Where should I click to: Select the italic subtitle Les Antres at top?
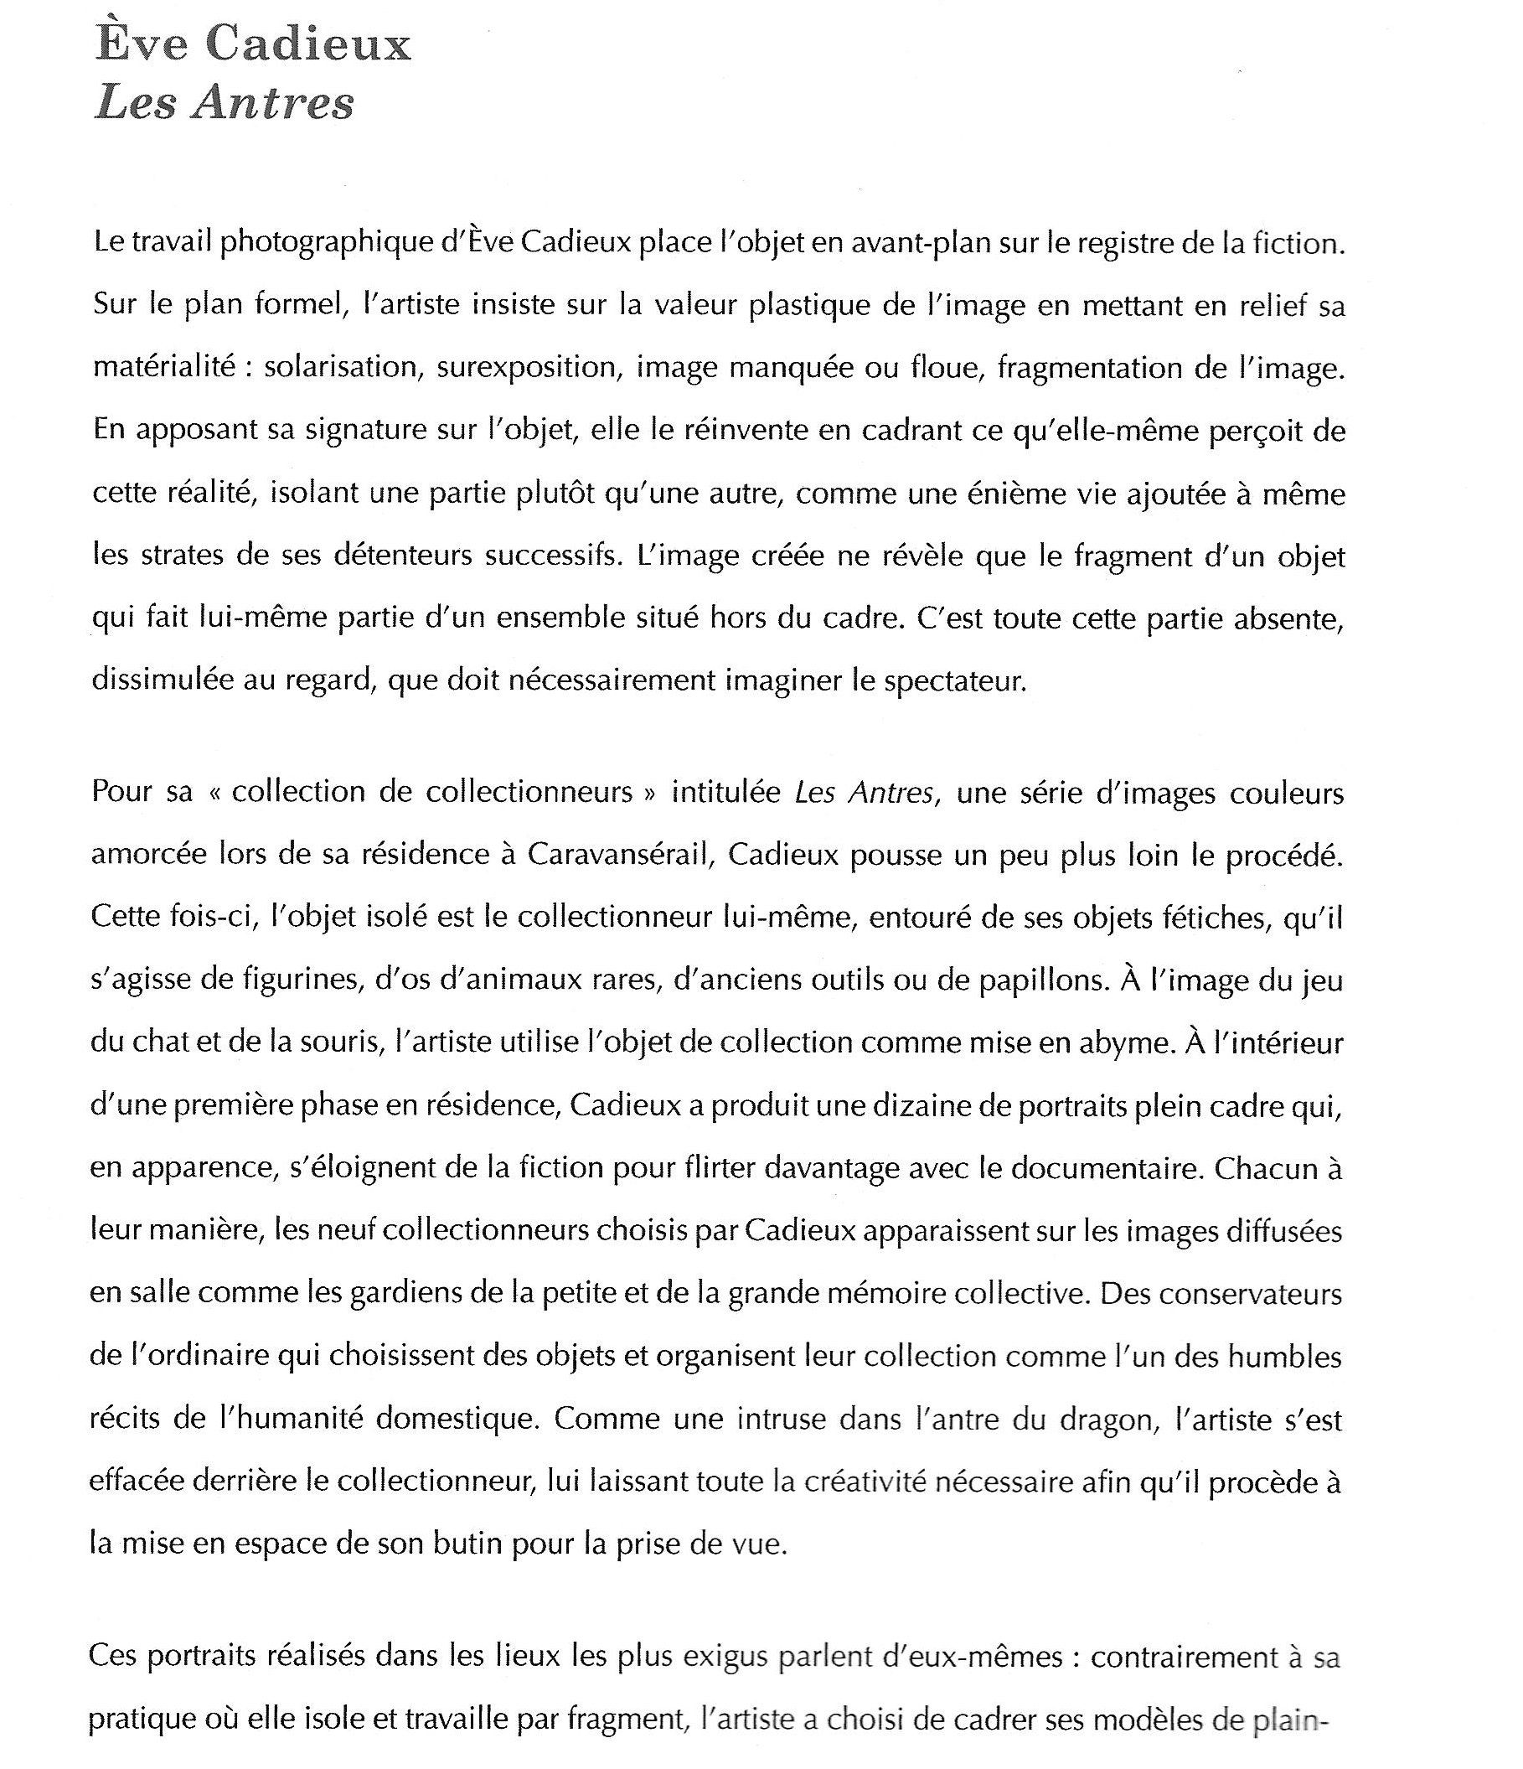(x=224, y=103)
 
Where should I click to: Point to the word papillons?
(x=1041, y=980)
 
